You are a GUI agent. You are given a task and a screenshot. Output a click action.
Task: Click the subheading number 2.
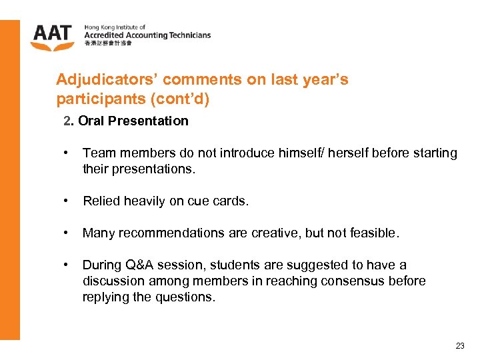point(68,121)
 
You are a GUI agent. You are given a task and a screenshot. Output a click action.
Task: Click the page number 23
point(460,345)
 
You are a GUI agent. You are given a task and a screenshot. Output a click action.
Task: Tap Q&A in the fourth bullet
point(141,265)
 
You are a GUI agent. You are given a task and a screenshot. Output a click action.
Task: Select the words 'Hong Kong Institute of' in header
point(115,27)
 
